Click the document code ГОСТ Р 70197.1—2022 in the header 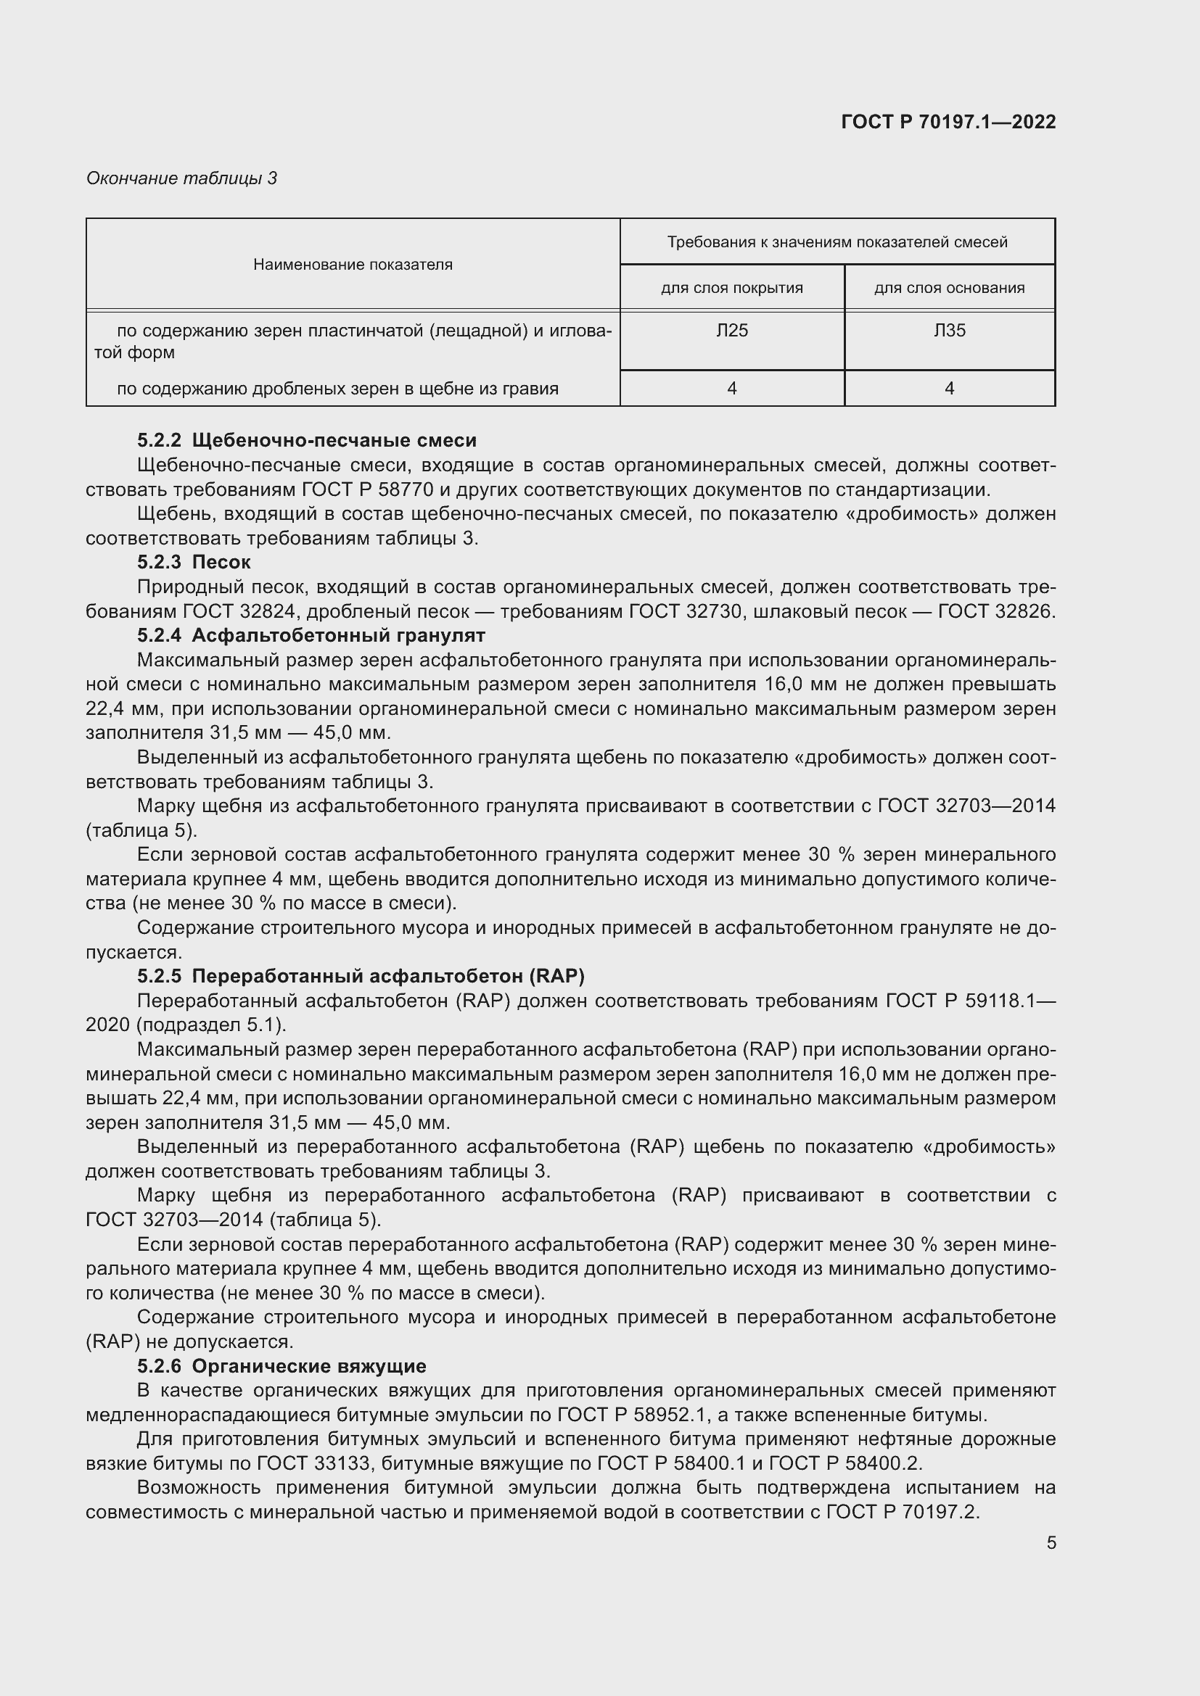948,123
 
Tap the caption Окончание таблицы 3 182,178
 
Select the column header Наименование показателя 353,265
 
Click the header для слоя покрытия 731,288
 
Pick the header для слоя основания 950,288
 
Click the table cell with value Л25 731,330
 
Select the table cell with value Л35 950,330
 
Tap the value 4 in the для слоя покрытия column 731,388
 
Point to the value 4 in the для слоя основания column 950,388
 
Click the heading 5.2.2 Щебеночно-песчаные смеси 307,440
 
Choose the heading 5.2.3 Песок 194,562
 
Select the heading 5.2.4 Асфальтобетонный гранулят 311,635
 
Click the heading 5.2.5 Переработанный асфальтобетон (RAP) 361,977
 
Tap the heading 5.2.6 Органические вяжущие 281,1367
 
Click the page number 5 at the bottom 1051,1543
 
